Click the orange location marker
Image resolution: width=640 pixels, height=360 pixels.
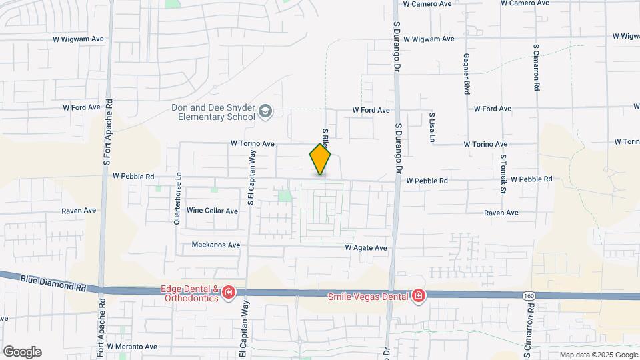(320, 159)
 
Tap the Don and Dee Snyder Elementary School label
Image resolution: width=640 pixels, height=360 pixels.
(208, 112)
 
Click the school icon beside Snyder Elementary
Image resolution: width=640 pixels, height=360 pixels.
(265, 111)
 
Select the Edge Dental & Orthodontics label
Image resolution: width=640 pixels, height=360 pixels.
(189, 293)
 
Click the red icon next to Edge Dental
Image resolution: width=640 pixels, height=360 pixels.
(228, 293)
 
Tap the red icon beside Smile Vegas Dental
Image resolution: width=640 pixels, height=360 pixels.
(418, 295)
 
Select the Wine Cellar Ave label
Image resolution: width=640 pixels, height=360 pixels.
(212, 211)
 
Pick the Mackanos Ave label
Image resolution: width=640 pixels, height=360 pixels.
(215, 245)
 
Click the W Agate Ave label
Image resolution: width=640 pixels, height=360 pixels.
(366, 248)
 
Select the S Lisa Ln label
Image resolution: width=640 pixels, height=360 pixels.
(432, 127)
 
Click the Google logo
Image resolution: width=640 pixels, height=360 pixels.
(22, 352)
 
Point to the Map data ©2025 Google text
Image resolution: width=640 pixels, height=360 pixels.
(598, 355)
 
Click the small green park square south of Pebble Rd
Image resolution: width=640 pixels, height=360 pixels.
(285, 196)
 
